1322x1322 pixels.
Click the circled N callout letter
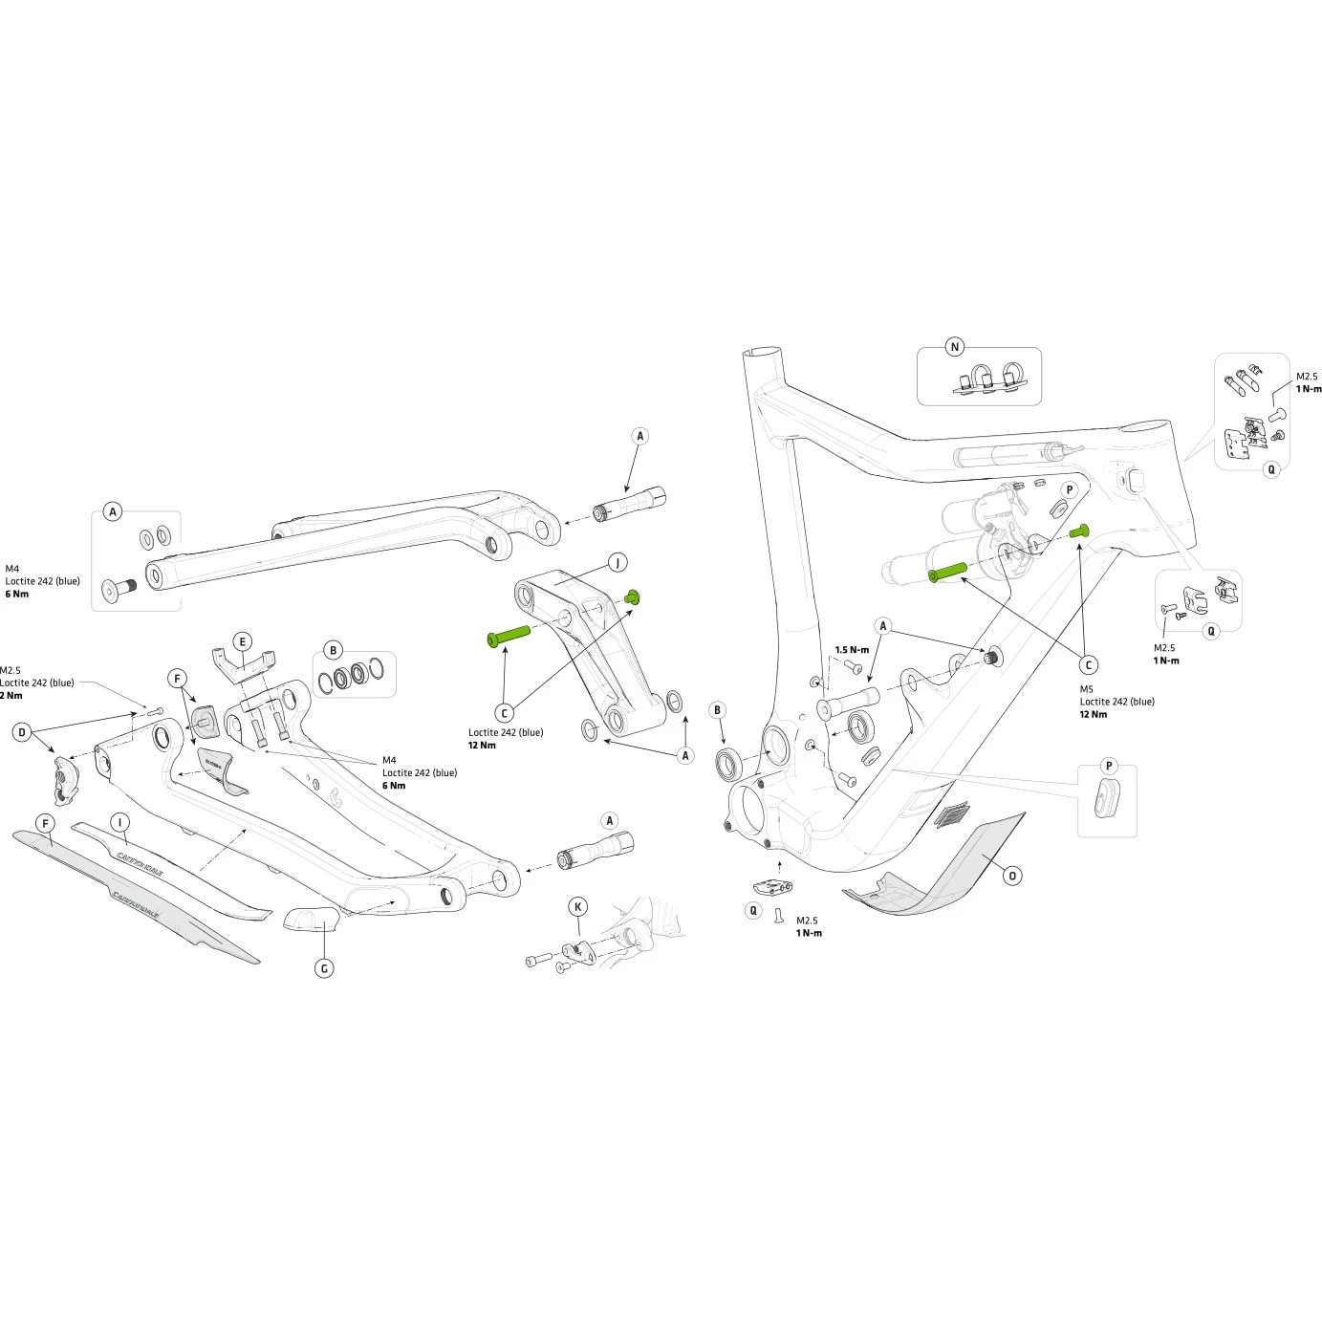click(x=955, y=347)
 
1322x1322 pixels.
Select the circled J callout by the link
click(x=618, y=562)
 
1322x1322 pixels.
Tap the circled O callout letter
click(x=1012, y=876)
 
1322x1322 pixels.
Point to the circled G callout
click(x=325, y=968)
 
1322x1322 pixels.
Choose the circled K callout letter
click(x=577, y=906)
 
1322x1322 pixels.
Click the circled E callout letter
click(x=243, y=641)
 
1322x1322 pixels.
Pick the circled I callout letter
click(x=119, y=822)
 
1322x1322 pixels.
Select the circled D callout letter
click(x=22, y=733)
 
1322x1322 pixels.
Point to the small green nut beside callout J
click(x=630, y=597)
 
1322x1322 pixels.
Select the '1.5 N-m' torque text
click(x=852, y=650)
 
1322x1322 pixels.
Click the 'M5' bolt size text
click(x=1086, y=688)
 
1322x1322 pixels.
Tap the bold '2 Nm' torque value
click(x=11, y=695)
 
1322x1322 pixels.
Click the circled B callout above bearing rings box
click(x=333, y=651)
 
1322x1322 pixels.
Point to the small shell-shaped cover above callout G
click(x=312, y=919)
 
